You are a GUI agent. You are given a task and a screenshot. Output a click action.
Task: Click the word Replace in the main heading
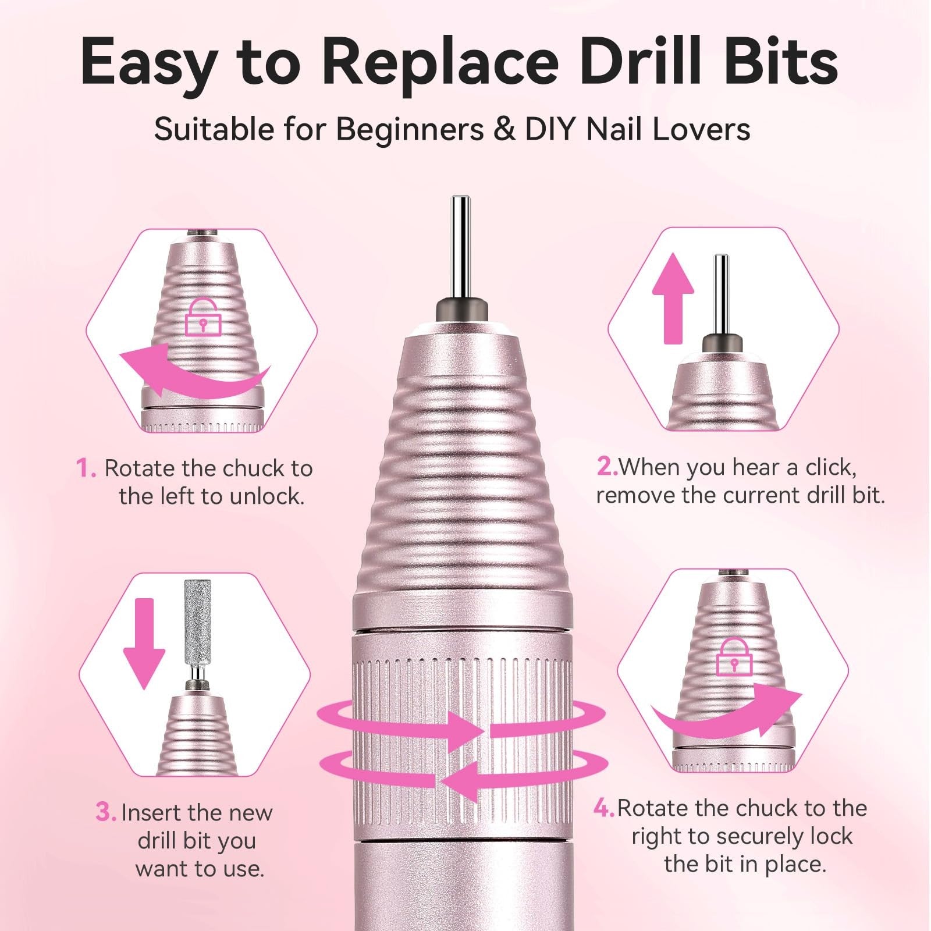pos(440,64)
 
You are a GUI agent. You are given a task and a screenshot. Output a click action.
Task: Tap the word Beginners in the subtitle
pos(410,129)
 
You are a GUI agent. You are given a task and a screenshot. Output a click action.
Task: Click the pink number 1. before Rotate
pos(86,468)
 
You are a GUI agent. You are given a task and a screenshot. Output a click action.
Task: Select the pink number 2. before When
pos(607,467)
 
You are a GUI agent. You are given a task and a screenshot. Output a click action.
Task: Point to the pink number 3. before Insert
pos(106,812)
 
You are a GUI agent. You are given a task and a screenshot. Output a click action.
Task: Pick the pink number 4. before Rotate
pos(605,808)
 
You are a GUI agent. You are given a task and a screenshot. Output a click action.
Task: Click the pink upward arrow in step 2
pos(673,298)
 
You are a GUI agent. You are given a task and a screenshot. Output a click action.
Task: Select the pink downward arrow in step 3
pos(144,644)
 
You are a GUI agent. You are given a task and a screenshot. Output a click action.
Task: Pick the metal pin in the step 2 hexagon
pos(722,294)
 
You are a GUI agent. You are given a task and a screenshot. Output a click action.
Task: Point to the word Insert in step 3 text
pos(150,812)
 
